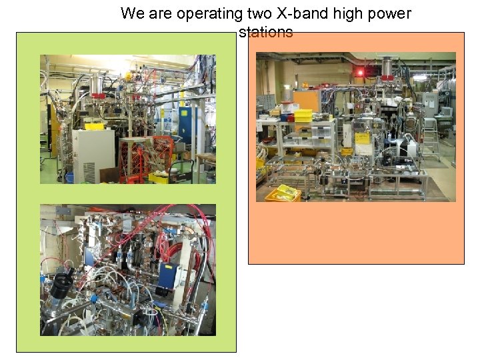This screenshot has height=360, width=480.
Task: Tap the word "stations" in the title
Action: pos(265,32)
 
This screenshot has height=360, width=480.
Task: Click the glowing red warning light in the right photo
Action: pos(361,71)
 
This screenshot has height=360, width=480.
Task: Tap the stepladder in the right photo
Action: pos(431,133)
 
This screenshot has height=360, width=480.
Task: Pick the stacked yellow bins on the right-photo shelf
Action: pos(303,115)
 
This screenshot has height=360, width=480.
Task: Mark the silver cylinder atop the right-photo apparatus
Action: pos(386,67)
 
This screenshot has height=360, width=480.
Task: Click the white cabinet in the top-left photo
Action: pos(93,155)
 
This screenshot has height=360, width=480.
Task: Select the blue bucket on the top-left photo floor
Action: pos(70,177)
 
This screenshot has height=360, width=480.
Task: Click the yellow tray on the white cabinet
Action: pos(94,126)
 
